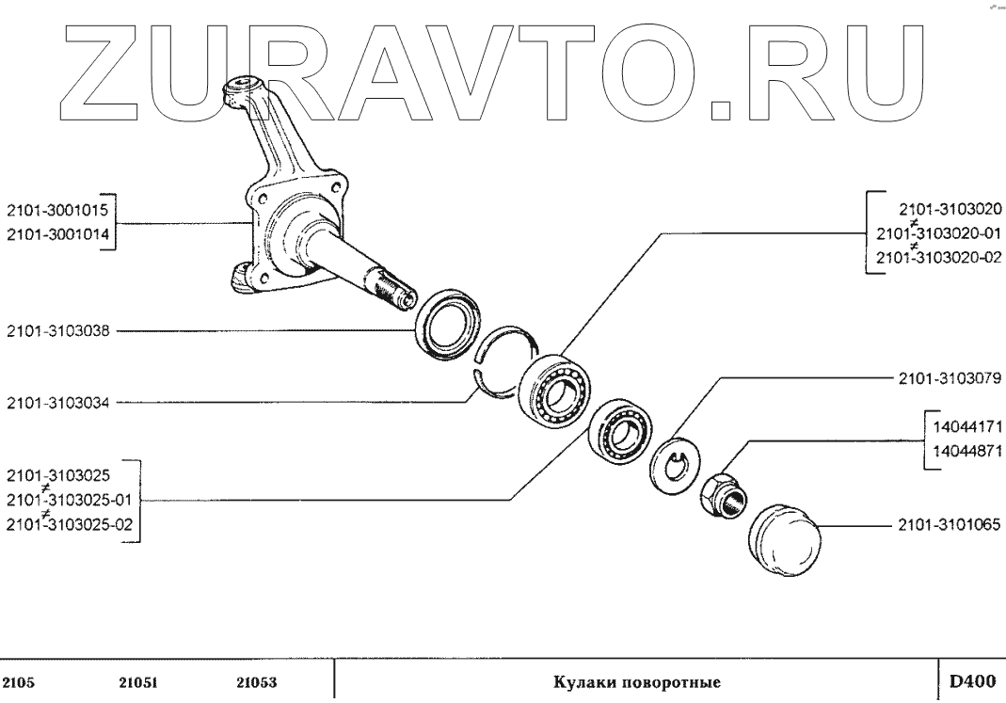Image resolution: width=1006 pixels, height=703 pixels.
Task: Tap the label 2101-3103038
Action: (58, 331)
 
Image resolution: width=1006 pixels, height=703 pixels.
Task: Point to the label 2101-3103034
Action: (58, 403)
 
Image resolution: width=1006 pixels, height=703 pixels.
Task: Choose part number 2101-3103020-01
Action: (937, 233)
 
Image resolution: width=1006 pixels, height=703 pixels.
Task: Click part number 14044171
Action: (966, 425)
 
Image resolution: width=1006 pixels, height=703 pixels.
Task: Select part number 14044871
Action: (966, 451)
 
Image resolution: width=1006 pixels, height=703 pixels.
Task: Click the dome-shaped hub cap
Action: (785, 535)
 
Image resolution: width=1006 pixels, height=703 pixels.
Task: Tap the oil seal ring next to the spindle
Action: (446, 326)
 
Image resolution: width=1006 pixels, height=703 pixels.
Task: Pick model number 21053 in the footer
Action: (255, 681)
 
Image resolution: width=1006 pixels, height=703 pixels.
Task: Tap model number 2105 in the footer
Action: (21, 681)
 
